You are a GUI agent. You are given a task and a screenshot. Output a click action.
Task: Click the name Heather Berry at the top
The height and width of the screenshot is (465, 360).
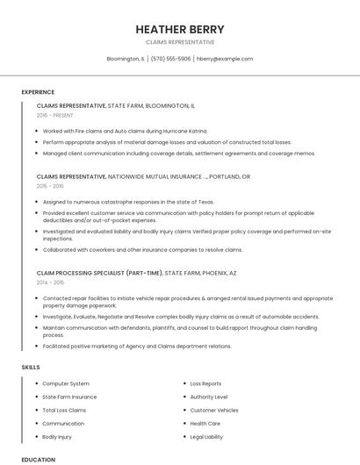[180, 29]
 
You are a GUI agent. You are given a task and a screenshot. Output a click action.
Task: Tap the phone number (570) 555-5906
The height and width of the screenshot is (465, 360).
[170, 59]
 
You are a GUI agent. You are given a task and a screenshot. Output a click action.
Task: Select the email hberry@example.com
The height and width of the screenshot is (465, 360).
[225, 59]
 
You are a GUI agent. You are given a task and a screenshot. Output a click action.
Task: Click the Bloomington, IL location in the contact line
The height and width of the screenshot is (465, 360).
[126, 59]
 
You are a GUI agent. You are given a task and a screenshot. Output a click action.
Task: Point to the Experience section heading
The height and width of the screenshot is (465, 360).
[38, 92]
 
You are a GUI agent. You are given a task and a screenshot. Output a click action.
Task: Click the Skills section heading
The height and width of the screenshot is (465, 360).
[31, 367]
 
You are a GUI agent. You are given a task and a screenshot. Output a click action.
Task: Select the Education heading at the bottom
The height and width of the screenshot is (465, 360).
[38, 459]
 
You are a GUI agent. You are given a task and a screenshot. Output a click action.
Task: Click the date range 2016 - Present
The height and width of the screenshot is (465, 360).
[55, 115]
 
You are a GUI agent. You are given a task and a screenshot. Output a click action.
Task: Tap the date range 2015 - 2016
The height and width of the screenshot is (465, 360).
[50, 186]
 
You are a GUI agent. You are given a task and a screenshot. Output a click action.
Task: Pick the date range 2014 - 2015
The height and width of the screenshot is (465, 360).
[50, 283]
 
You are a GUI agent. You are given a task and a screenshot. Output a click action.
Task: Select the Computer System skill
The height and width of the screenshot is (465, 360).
[66, 383]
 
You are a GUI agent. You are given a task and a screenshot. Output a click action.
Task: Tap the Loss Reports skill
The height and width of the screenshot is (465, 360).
[205, 383]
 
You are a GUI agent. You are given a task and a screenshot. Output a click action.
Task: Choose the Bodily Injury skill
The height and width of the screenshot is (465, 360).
[57, 436]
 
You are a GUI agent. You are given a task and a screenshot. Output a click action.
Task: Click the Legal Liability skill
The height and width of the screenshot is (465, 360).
[206, 436]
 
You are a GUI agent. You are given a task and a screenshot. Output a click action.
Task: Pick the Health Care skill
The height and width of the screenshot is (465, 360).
[205, 423]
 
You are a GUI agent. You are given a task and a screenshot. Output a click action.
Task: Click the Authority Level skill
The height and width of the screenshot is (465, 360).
[208, 397]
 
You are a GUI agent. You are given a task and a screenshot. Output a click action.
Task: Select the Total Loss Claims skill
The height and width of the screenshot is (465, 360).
[64, 410]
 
